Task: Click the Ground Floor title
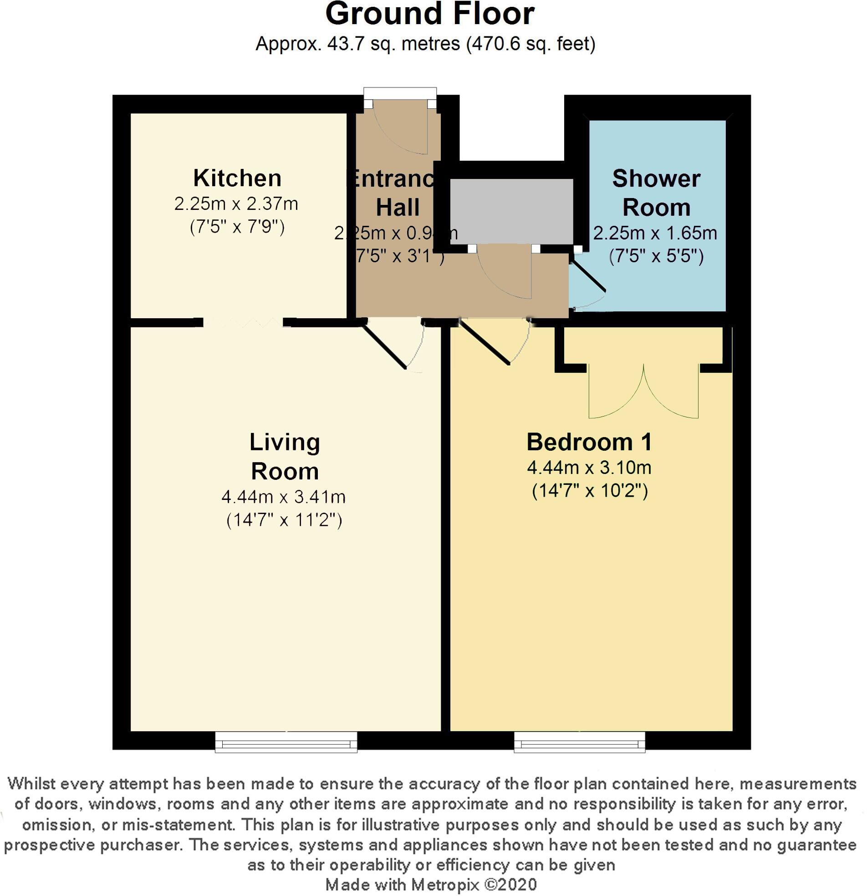[x=429, y=14]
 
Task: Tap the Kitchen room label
[x=237, y=178]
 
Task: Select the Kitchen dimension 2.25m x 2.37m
[x=236, y=204]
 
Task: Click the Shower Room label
[x=656, y=193]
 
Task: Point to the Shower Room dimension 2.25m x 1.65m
[x=655, y=234]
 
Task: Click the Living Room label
[x=285, y=456]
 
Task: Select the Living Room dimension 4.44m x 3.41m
[x=284, y=496]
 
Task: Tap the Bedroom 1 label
[x=589, y=442]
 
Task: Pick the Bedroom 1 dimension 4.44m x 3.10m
[x=589, y=468]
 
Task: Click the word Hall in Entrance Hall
[x=398, y=208]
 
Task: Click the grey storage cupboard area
[x=511, y=211]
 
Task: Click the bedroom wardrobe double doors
[x=643, y=393]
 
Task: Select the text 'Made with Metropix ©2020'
[x=431, y=884]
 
